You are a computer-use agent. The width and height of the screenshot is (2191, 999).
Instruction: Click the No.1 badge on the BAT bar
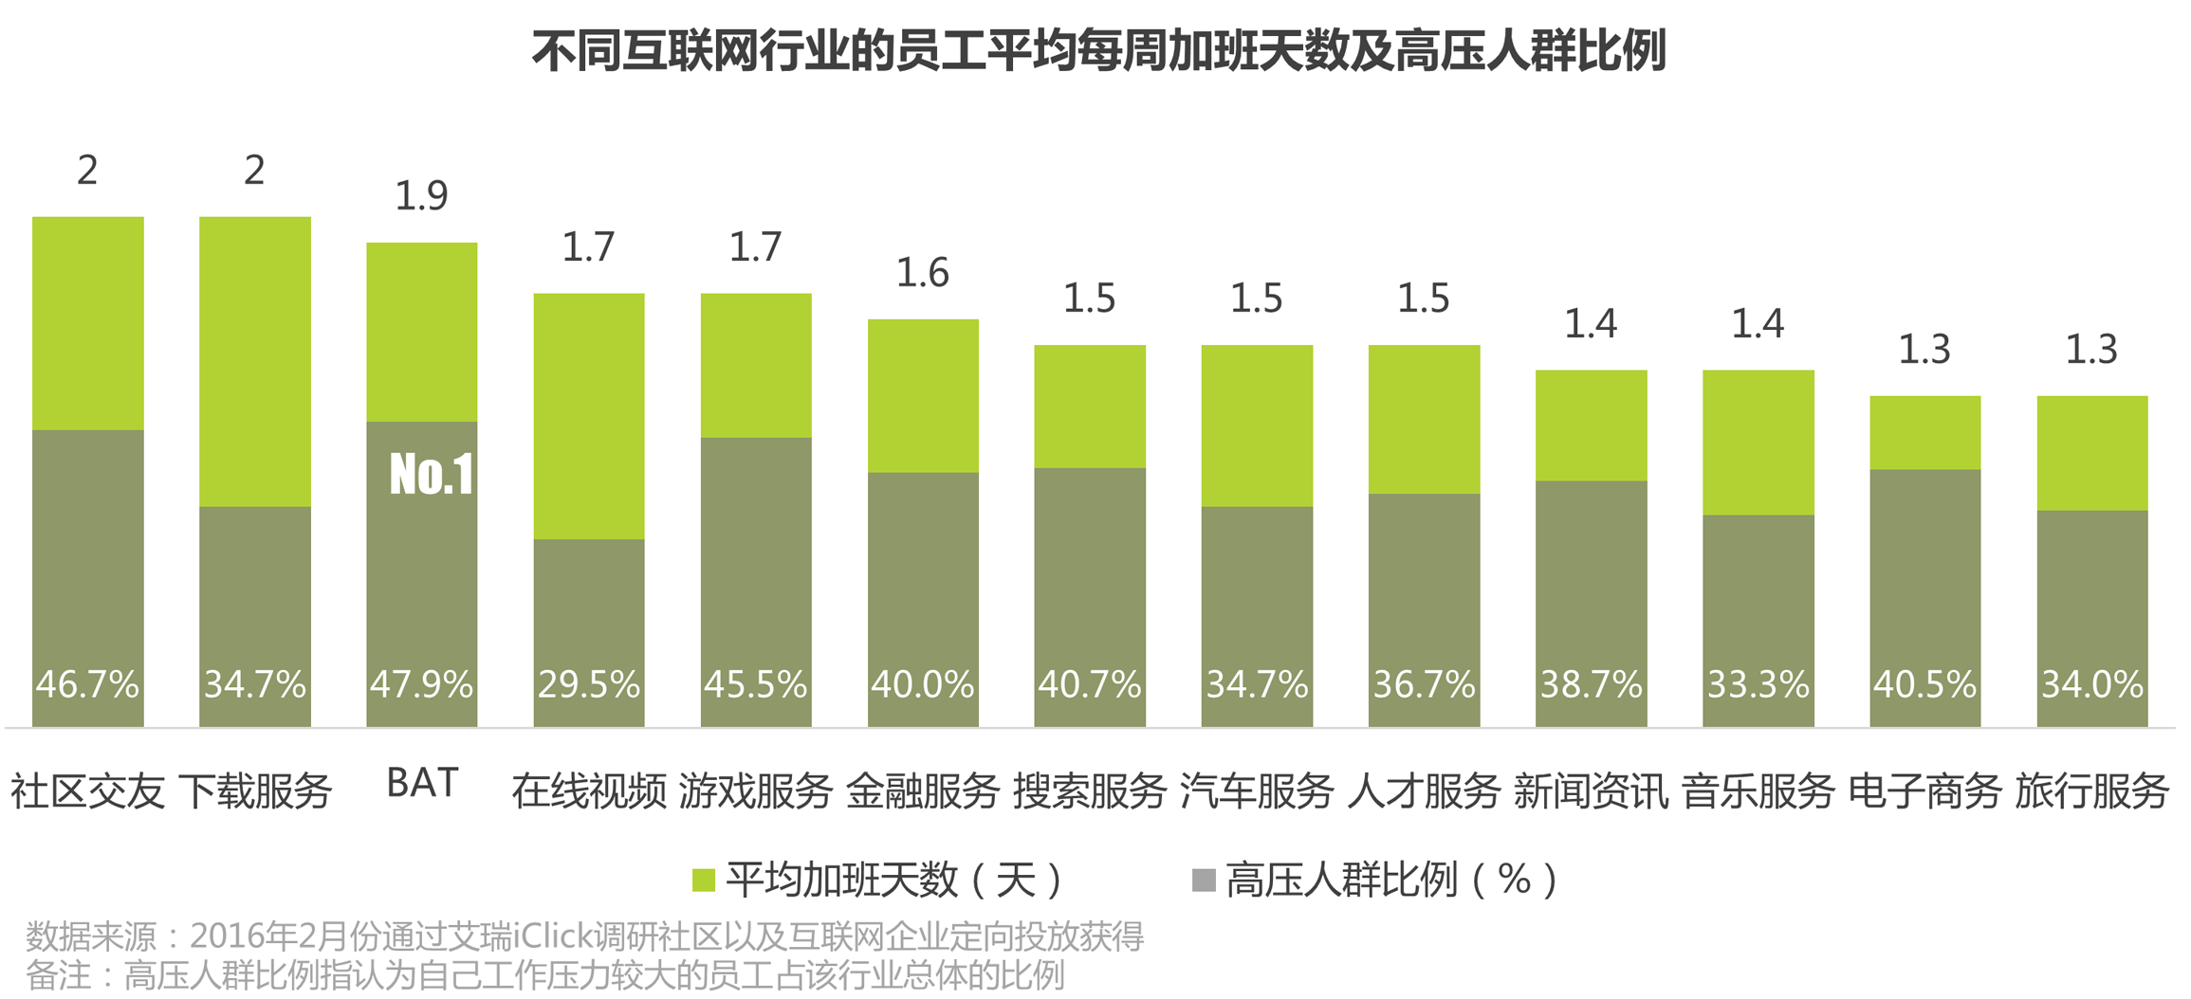(x=432, y=474)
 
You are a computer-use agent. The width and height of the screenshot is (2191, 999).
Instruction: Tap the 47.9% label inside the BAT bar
(x=421, y=684)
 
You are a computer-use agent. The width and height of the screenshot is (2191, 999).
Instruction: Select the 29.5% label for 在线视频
(x=589, y=684)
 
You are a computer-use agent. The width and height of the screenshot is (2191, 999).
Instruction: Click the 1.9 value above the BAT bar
(x=421, y=195)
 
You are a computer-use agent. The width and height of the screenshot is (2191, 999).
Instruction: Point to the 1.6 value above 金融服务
(x=923, y=273)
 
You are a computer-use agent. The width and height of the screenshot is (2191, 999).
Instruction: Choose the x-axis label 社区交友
(x=87, y=790)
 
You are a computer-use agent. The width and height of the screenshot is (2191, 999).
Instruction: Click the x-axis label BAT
(x=423, y=783)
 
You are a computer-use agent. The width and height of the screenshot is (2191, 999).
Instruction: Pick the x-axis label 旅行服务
(x=2091, y=790)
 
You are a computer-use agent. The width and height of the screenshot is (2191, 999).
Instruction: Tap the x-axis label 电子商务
(x=1924, y=790)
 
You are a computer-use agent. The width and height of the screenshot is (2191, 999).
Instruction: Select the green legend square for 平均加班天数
(x=703, y=881)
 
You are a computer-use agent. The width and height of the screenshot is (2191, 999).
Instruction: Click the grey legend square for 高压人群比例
(x=1203, y=881)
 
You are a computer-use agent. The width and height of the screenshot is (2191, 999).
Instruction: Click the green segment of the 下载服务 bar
(x=255, y=360)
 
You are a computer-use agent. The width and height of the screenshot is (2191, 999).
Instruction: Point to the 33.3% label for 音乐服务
(x=1758, y=684)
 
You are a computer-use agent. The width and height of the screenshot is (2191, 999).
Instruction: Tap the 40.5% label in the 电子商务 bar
(x=1924, y=684)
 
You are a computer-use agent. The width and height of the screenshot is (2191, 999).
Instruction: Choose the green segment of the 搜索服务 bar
(x=1090, y=406)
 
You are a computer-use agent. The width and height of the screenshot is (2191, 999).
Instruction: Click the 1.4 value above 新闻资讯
(x=1591, y=324)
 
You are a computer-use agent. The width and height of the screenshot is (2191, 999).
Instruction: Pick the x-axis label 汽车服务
(x=1257, y=790)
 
